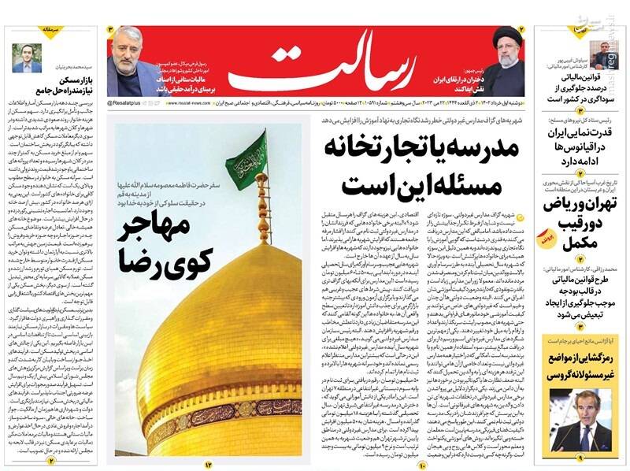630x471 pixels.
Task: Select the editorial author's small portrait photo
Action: (x=27, y=57)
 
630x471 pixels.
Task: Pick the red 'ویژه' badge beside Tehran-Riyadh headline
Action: (x=547, y=234)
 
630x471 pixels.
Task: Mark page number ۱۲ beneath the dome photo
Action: (x=209, y=464)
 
